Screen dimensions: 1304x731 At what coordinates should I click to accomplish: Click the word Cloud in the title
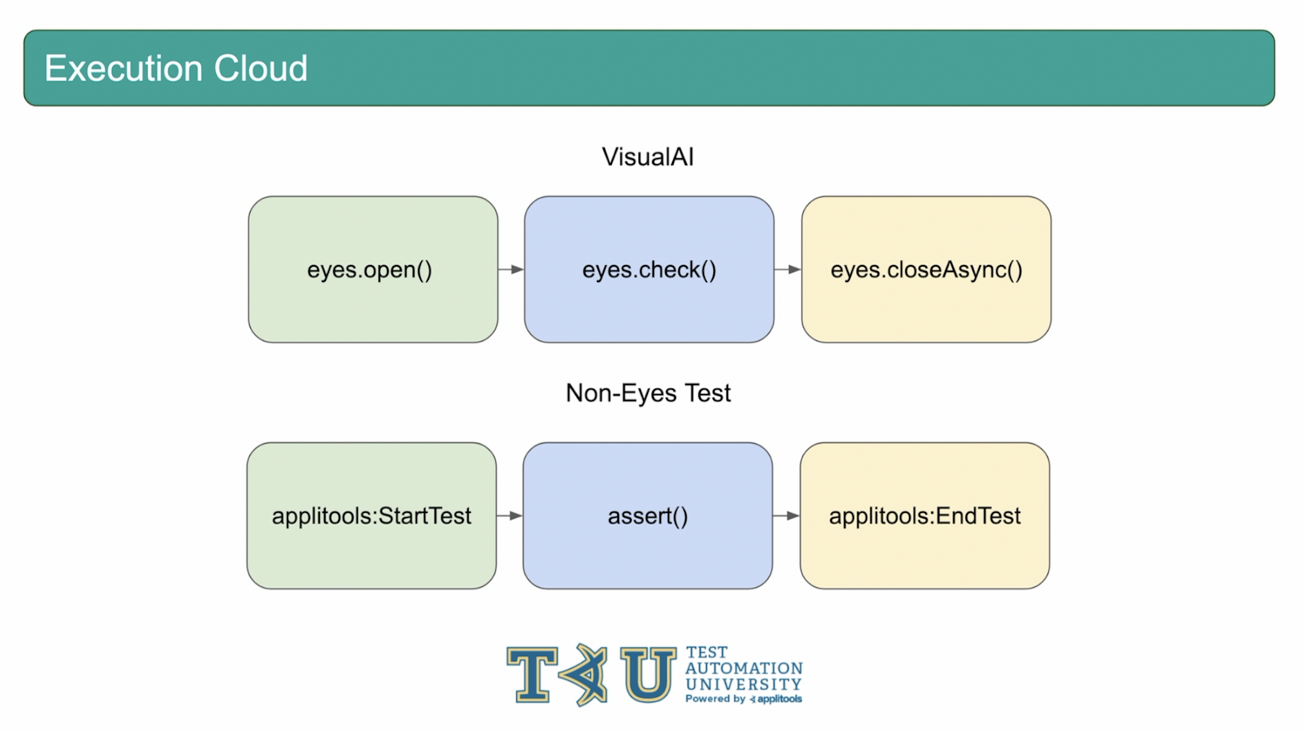pyautogui.click(x=261, y=68)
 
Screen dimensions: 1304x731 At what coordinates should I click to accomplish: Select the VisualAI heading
pyautogui.click(x=648, y=157)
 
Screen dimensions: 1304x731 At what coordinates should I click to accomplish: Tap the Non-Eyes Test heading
pyautogui.click(x=648, y=393)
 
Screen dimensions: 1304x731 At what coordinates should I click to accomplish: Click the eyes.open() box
pyautogui.click(x=373, y=270)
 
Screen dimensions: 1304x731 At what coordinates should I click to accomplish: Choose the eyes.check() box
pyautogui.click(x=649, y=270)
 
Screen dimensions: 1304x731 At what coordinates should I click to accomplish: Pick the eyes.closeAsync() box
pyautogui.click(x=926, y=270)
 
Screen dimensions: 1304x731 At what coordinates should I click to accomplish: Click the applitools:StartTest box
pyautogui.click(x=371, y=516)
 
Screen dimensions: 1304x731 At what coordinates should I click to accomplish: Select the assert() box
pyautogui.click(x=648, y=516)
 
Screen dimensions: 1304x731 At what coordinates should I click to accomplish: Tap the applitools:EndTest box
pyautogui.click(x=924, y=516)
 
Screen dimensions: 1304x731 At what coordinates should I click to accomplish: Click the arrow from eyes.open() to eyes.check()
pyautogui.click(x=511, y=270)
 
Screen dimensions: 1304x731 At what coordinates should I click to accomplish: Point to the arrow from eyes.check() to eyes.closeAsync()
pyautogui.click(x=788, y=270)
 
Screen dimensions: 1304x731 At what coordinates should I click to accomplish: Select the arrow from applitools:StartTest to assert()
pyautogui.click(x=510, y=516)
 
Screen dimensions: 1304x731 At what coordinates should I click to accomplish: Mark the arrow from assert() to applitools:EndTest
pyautogui.click(x=786, y=516)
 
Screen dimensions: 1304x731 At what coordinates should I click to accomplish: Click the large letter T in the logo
pyautogui.click(x=532, y=673)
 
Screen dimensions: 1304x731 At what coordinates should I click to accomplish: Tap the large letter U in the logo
pyautogui.click(x=648, y=673)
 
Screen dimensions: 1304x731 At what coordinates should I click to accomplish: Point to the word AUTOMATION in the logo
pyautogui.click(x=743, y=668)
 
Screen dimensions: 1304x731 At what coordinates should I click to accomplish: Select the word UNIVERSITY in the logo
pyautogui.click(x=743, y=684)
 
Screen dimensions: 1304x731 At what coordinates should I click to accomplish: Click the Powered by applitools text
pyautogui.click(x=743, y=699)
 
